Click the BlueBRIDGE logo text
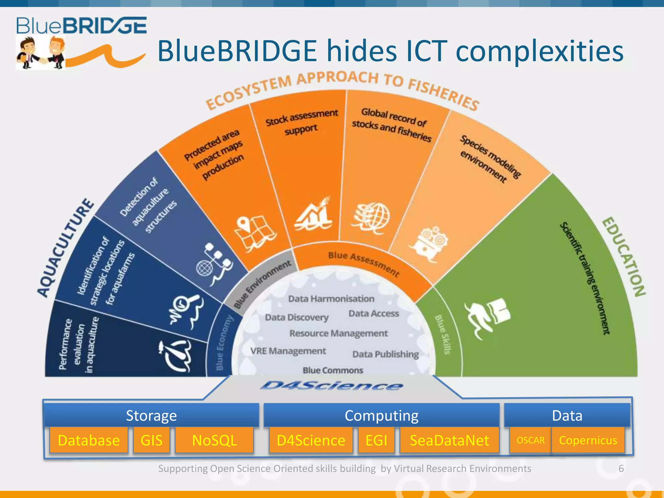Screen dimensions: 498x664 coord(81,26)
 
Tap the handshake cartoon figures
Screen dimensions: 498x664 coord(41,53)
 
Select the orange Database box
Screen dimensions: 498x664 coord(89,440)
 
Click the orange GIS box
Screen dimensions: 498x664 coord(151,440)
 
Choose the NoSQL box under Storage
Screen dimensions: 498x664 coord(214,440)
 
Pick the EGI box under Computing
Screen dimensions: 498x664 coord(376,440)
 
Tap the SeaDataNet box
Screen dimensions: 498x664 coord(449,440)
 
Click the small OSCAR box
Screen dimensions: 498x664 coord(530,440)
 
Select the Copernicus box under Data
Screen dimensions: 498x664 coord(588,440)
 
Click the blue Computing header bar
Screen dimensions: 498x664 coord(381,415)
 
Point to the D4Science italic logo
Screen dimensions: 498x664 coord(331,386)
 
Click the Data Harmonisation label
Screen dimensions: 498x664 coord(331,299)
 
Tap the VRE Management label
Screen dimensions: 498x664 coord(288,351)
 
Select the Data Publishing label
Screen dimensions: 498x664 coord(385,354)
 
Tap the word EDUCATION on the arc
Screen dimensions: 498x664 coord(623,256)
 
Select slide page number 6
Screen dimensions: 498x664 coord(621,468)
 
